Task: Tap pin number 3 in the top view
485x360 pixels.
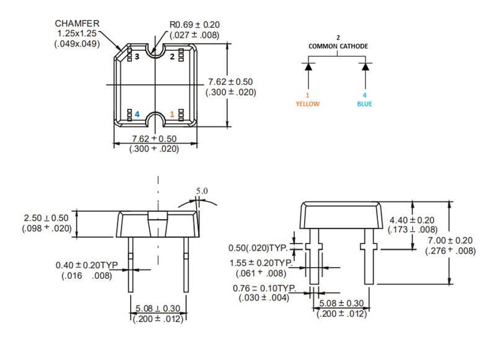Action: tap(138, 56)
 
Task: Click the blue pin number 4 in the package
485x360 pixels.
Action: tap(138, 115)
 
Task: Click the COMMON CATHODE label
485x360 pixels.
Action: tap(338, 46)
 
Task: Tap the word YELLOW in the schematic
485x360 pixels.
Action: tap(307, 104)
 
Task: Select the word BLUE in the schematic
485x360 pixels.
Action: tap(365, 104)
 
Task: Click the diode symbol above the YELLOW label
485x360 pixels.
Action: tap(308, 66)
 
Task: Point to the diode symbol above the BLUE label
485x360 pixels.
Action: tap(365, 66)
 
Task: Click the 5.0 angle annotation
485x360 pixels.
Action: tap(202, 191)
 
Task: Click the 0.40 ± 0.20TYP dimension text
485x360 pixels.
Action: tap(87, 265)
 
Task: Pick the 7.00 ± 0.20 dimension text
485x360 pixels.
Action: tap(450, 240)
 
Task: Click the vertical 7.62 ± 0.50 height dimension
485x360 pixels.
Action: tap(230, 82)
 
